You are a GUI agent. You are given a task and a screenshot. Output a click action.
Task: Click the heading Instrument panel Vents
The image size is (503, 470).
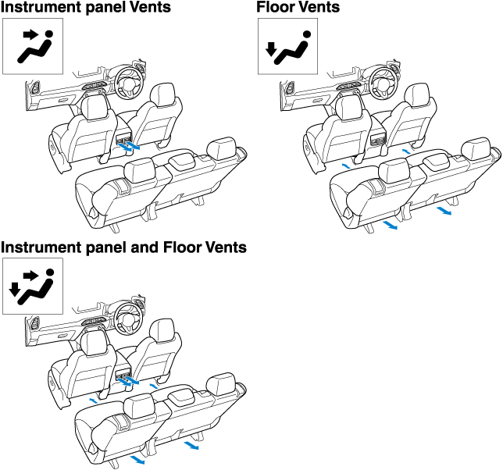coord(86,9)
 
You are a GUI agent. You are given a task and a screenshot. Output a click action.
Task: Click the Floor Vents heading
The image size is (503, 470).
coord(298,9)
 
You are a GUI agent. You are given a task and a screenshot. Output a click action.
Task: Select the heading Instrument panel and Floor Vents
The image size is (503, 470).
coord(123,247)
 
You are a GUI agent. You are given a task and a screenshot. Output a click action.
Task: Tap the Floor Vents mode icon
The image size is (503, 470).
coord(288,46)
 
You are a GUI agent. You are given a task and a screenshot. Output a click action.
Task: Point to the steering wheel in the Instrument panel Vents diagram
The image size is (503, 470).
coord(127,77)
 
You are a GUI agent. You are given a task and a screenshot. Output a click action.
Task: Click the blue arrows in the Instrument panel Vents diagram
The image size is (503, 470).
coord(132,144)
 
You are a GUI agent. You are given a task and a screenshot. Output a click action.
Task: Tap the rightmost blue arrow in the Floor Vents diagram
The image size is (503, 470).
coord(444,211)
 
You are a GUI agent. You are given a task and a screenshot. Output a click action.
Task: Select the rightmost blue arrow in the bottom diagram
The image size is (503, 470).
coord(191,447)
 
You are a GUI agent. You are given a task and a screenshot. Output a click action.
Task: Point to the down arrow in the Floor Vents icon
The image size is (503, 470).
coord(271,52)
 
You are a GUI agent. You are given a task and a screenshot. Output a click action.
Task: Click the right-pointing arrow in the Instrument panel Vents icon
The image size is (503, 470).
coord(29,35)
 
